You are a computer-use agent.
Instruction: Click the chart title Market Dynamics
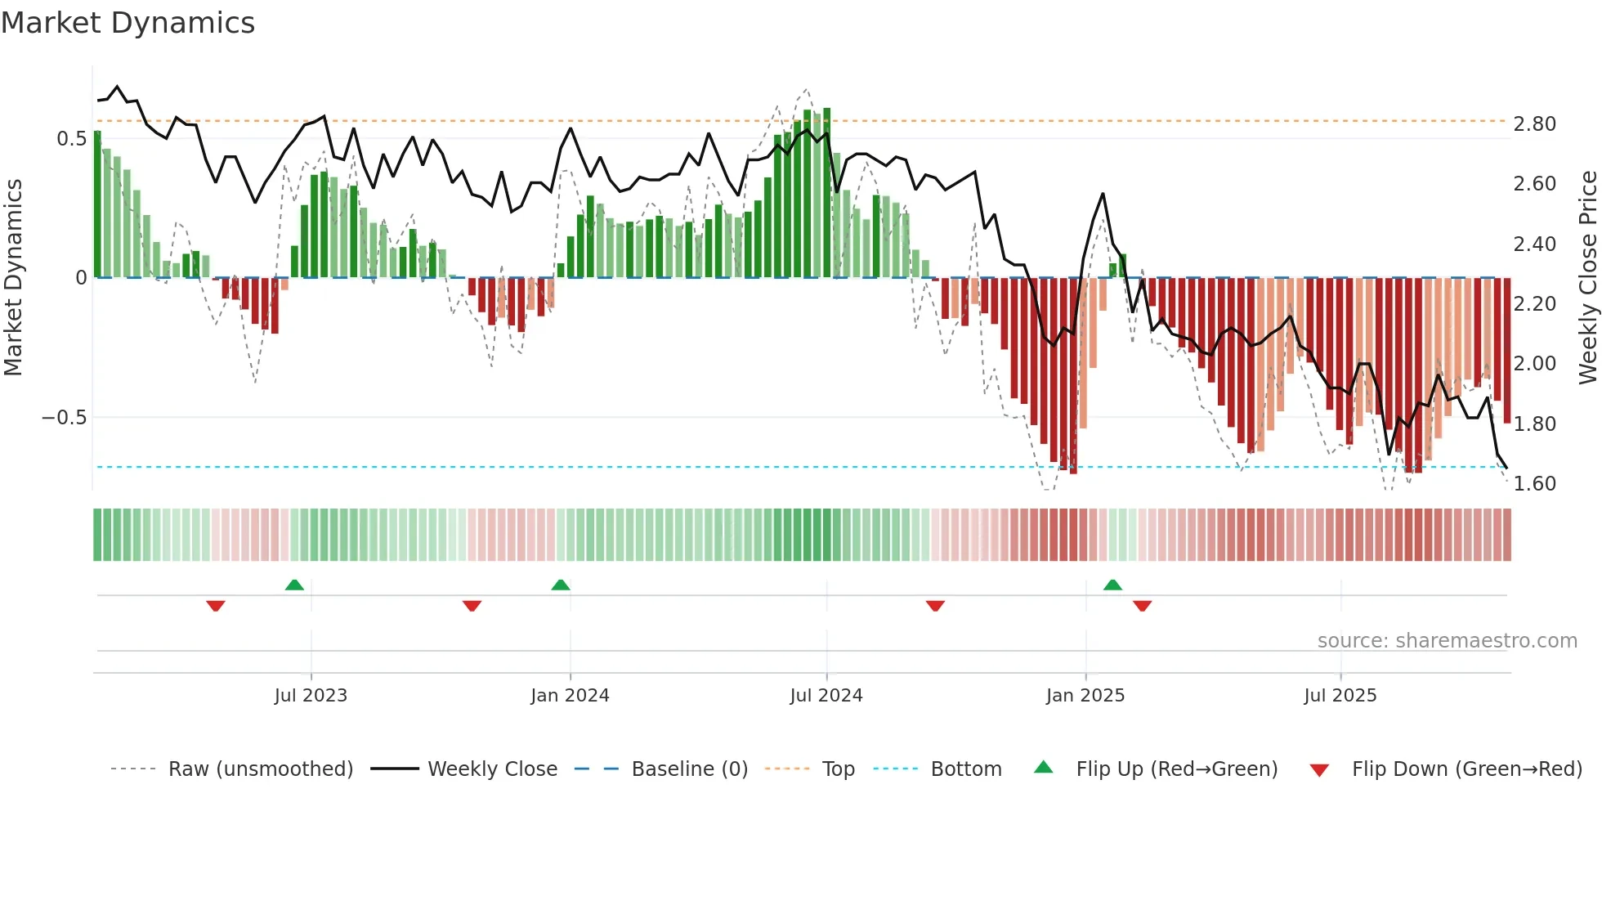tap(128, 23)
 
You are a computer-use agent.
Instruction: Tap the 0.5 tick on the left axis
tap(71, 139)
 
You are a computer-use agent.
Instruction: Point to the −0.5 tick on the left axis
tap(64, 418)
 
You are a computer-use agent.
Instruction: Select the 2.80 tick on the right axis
tap(1534, 124)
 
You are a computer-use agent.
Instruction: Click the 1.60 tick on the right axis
tap(1534, 484)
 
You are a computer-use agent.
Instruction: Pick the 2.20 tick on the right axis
tap(1534, 304)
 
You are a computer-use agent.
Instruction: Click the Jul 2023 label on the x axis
tap(311, 696)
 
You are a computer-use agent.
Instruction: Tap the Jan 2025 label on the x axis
tap(1085, 696)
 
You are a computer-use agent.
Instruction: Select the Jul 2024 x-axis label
tap(826, 696)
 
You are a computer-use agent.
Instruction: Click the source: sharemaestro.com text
tap(1447, 641)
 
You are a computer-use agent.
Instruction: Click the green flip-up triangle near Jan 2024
tap(561, 585)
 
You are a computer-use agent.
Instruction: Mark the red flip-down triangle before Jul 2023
tap(216, 606)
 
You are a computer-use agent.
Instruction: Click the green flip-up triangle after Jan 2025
tap(1112, 585)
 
